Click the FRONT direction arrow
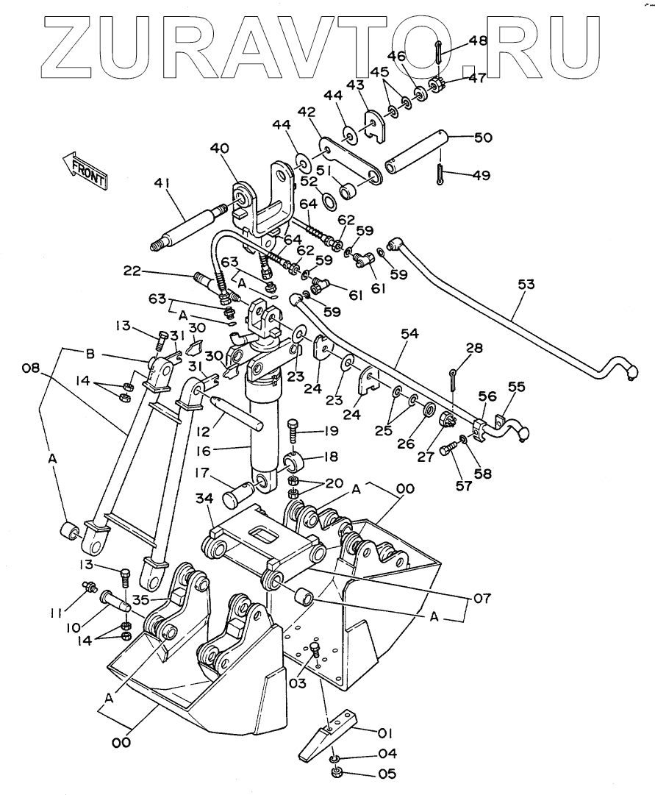tap(85, 168)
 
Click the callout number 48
tap(479, 41)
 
